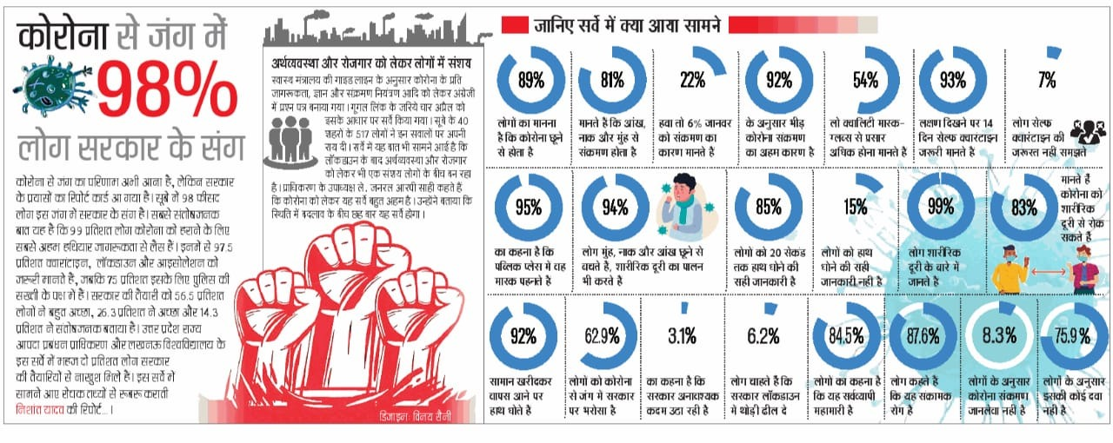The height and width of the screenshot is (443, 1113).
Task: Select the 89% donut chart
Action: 530,81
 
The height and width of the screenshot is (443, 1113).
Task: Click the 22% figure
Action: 692,81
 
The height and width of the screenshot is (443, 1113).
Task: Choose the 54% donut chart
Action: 864,81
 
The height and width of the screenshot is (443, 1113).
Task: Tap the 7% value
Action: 1047,81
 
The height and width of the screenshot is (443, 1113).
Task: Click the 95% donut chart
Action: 529,207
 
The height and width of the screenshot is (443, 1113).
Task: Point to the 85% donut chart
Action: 768,207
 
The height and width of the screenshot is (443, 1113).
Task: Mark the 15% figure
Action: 855,207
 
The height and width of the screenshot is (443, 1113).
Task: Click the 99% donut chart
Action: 941,207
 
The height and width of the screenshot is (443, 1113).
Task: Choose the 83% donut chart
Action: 1024,207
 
